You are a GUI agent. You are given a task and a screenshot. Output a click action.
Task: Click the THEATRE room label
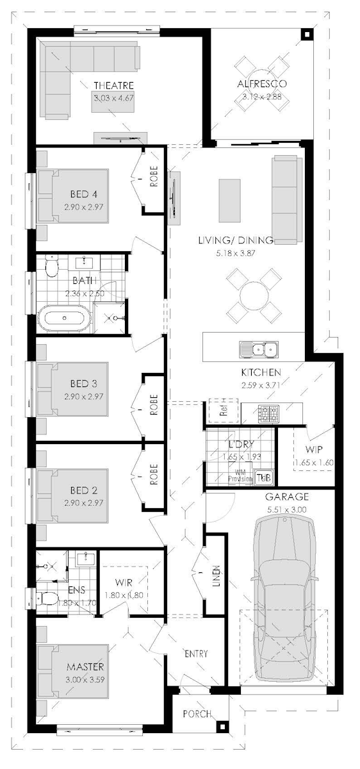click(113, 85)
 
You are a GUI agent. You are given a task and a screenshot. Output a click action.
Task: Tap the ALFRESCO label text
click(261, 84)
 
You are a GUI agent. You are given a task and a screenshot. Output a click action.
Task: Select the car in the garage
click(284, 599)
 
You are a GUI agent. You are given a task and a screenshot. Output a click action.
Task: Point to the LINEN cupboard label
click(216, 575)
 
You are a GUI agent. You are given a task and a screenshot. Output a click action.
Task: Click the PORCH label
click(197, 714)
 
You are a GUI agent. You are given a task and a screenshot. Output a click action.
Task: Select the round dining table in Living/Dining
click(255, 295)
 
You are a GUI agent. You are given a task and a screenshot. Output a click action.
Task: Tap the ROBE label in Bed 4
click(154, 177)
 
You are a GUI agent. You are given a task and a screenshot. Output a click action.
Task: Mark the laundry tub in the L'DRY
click(265, 477)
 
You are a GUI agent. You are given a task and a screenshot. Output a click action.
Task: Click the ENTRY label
click(196, 654)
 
